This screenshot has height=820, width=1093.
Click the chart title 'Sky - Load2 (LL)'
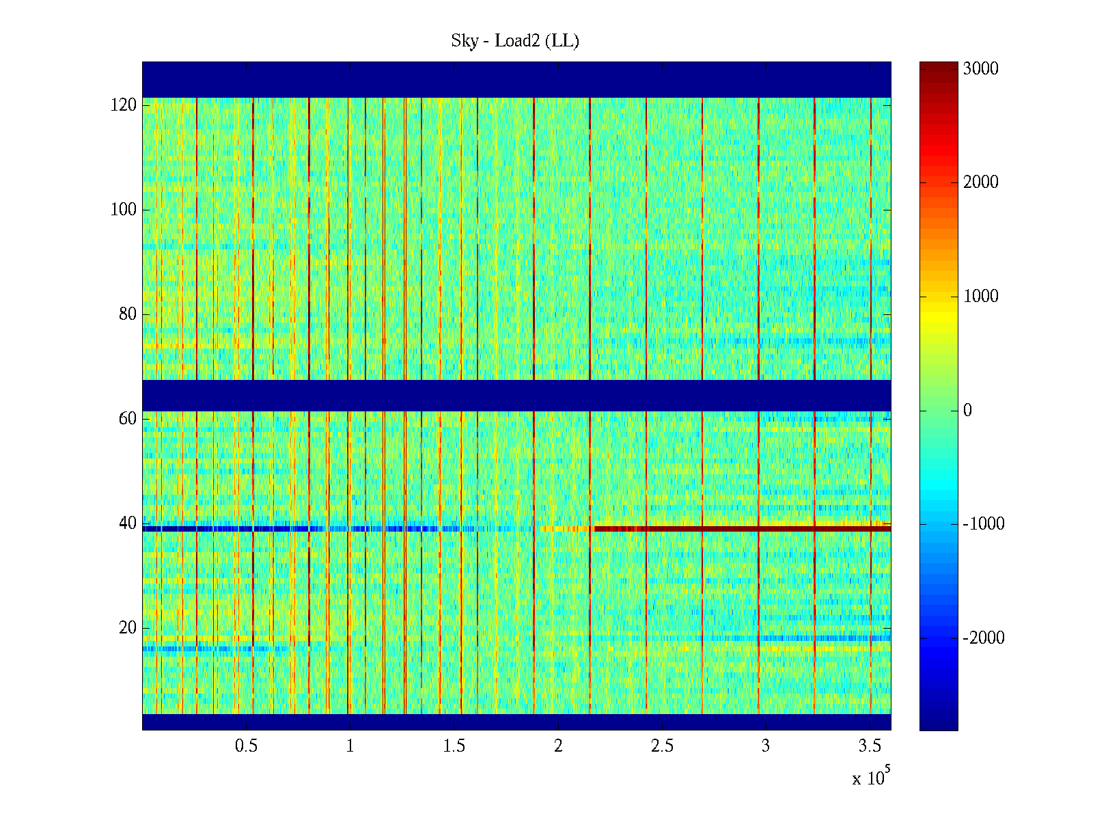point(515,41)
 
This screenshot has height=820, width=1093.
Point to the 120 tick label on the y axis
point(124,105)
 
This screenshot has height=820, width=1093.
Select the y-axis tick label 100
point(124,210)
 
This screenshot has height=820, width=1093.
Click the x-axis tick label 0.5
point(246,746)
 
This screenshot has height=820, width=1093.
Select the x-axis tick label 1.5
point(454,746)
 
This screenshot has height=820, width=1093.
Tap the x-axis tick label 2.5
point(661,746)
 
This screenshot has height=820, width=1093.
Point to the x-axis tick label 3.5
point(870,746)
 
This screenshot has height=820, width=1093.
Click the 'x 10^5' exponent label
point(870,777)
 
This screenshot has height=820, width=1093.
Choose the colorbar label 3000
point(980,68)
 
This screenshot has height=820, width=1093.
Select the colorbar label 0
point(967,410)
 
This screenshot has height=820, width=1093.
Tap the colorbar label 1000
point(980,296)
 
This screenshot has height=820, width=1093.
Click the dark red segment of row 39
point(745,528)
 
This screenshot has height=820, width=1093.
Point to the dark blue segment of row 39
point(225,528)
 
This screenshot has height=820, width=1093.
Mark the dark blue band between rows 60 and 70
point(516,395)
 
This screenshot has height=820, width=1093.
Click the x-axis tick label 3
point(765,746)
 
